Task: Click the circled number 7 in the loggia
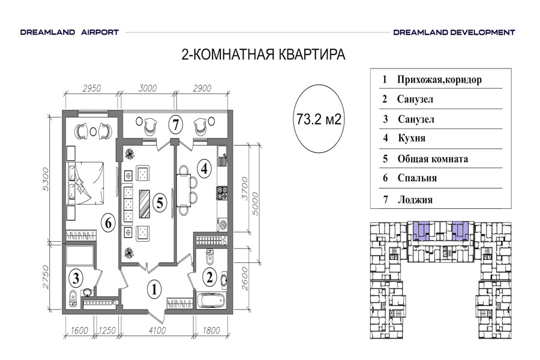[x=176, y=124]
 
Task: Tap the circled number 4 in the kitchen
[x=204, y=169]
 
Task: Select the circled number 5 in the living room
[x=160, y=202]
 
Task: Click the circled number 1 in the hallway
[x=154, y=289]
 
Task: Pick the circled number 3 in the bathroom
[x=76, y=278]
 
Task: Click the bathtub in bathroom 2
[x=210, y=301]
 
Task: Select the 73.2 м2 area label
[x=319, y=119]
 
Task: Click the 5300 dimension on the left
[x=46, y=179]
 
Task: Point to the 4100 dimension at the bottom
[x=157, y=331]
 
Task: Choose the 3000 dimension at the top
[x=148, y=89]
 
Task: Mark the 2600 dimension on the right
[x=245, y=278]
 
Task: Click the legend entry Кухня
[x=412, y=138]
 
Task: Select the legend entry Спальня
[x=417, y=178]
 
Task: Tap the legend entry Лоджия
[x=415, y=200]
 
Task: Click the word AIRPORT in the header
[x=100, y=32]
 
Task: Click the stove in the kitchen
[x=222, y=193]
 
